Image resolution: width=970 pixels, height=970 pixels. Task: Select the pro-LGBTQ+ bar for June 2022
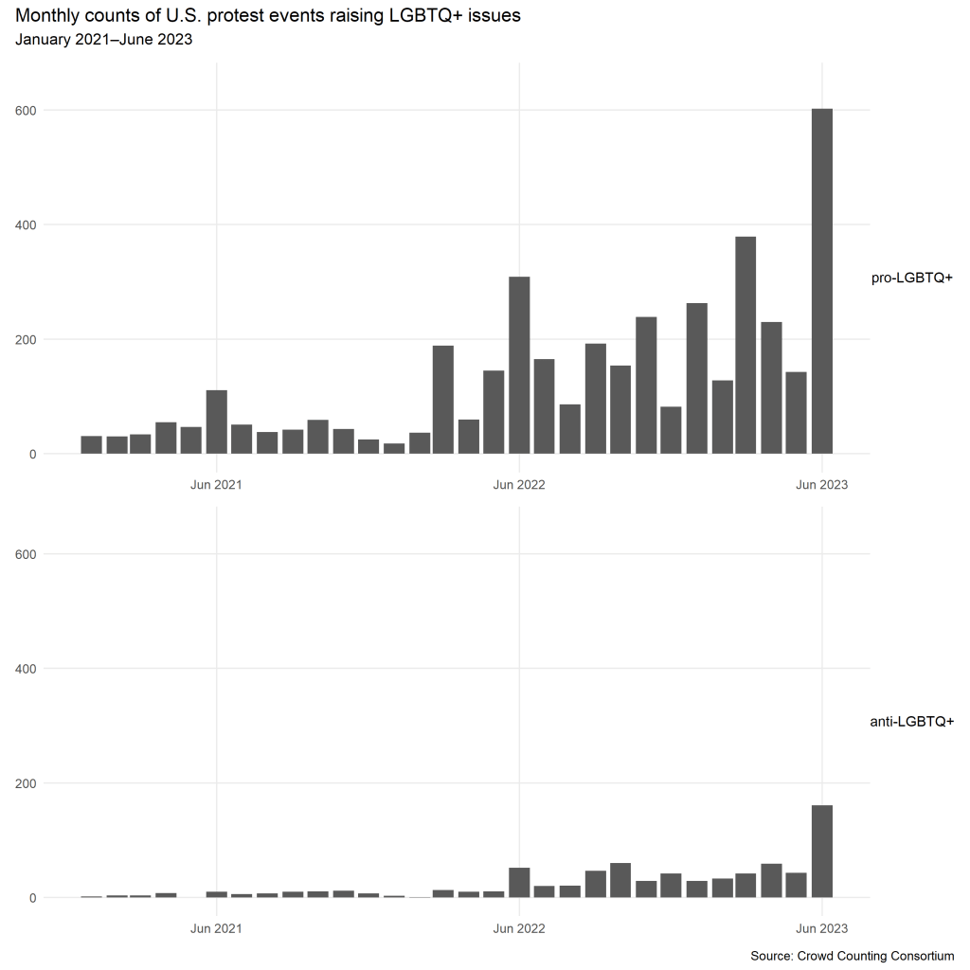point(519,366)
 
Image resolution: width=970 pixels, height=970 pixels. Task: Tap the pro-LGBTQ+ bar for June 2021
point(216,422)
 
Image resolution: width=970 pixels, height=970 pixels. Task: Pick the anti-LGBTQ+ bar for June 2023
point(822,852)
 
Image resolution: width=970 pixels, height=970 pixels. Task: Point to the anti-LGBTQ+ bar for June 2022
point(519,883)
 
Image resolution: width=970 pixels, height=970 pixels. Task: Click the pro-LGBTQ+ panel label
point(911,278)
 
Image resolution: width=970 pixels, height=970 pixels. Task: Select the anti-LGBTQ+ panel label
point(911,722)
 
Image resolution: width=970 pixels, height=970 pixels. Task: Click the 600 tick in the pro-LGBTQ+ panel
point(27,110)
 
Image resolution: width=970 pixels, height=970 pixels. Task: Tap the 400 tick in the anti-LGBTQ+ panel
point(27,669)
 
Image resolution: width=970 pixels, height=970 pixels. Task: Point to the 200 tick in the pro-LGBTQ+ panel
point(27,339)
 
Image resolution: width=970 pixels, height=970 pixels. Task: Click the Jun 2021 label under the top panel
point(216,484)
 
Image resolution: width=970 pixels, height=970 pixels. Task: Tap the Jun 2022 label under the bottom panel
point(519,928)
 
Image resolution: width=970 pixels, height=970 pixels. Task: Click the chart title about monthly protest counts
point(268,16)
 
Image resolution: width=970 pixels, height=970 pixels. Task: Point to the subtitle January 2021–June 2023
point(104,40)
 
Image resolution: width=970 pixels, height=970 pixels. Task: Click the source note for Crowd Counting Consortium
point(852,956)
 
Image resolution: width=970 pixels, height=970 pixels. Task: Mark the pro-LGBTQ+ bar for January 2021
point(91,444)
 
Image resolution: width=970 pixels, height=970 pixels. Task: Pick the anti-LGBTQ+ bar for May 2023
point(797,885)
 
